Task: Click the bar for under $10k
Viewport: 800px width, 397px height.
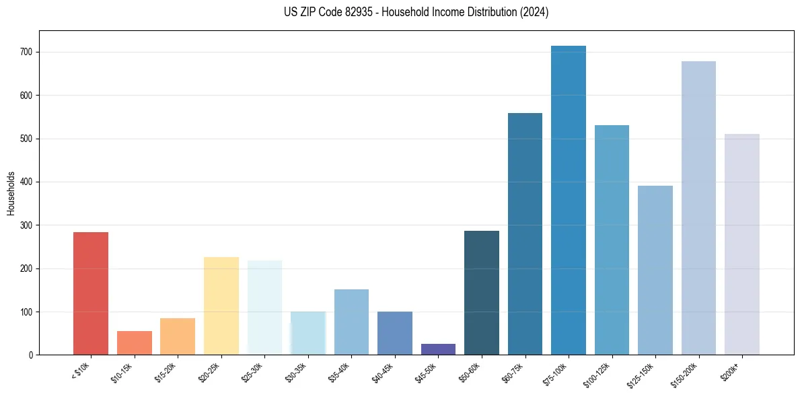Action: (91, 293)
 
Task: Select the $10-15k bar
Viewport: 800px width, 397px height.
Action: (135, 343)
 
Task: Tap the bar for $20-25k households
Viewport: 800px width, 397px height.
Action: (221, 306)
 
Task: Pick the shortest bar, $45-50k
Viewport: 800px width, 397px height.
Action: (438, 349)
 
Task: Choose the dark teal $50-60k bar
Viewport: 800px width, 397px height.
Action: (482, 293)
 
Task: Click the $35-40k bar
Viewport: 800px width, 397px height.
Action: (351, 322)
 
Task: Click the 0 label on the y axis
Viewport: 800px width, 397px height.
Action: (31, 355)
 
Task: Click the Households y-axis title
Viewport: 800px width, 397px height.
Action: (11, 193)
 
